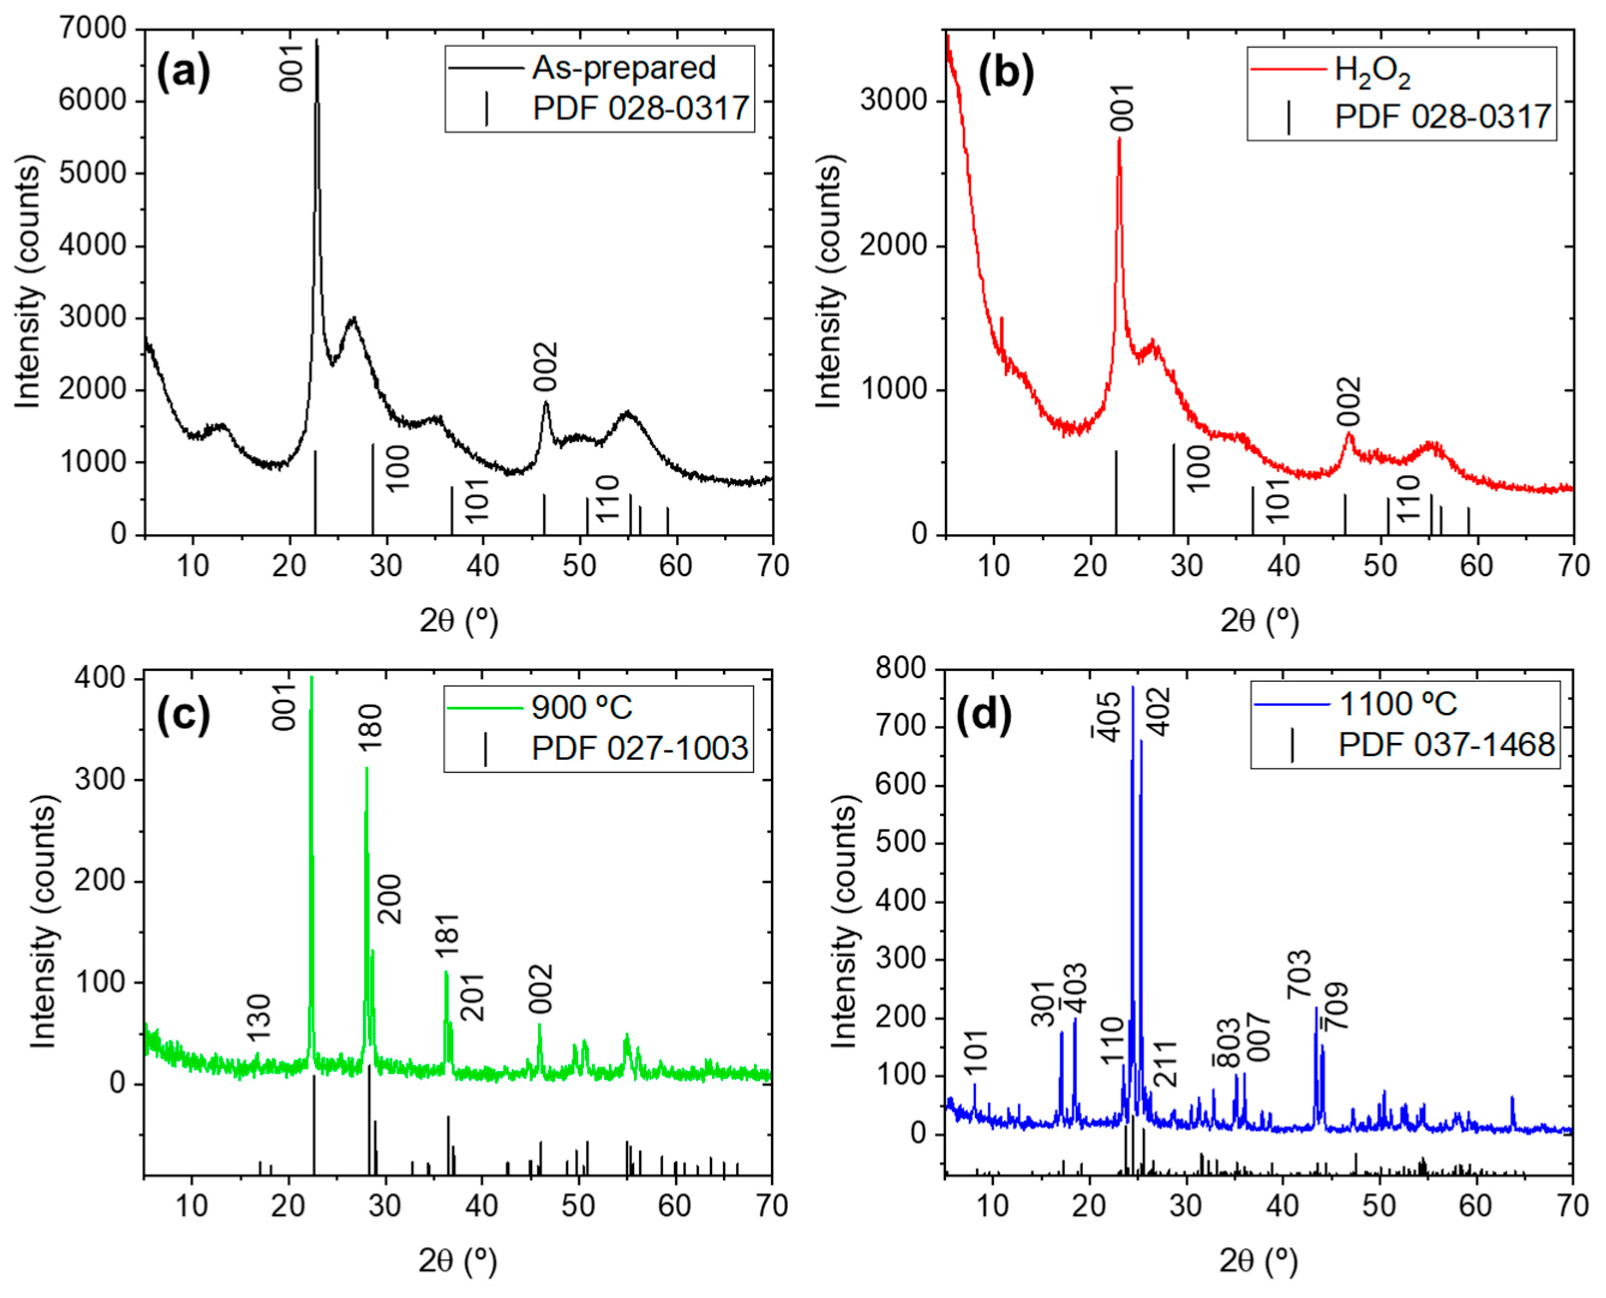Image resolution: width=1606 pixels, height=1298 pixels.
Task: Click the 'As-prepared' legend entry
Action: pos(623,68)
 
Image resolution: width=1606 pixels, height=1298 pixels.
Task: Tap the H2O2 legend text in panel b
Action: pos(1373,71)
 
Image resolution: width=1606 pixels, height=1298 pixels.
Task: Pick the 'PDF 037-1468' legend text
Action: pos(1447,745)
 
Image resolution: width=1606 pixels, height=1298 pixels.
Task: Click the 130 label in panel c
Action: pos(259,1017)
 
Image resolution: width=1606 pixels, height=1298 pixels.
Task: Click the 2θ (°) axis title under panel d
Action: pos(1260,1262)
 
